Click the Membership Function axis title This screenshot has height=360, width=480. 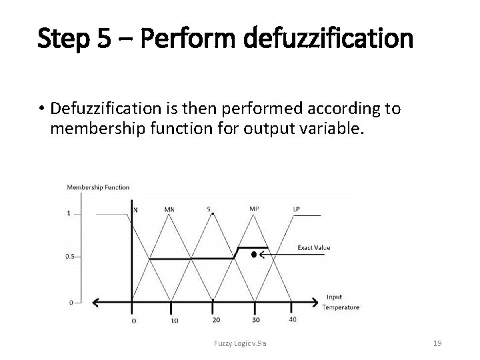[x=97, y=187]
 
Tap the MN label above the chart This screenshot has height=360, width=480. [x=169, y=209]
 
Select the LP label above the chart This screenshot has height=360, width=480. [x=296, y=209]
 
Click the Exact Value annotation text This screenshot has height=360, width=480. [x=313, y=248]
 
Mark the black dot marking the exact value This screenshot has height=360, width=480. [x=254, y=254]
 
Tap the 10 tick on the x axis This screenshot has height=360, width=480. [x=174, y=321]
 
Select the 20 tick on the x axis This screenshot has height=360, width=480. [x=216, y=320]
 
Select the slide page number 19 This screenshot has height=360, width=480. [x=438, y=343]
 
